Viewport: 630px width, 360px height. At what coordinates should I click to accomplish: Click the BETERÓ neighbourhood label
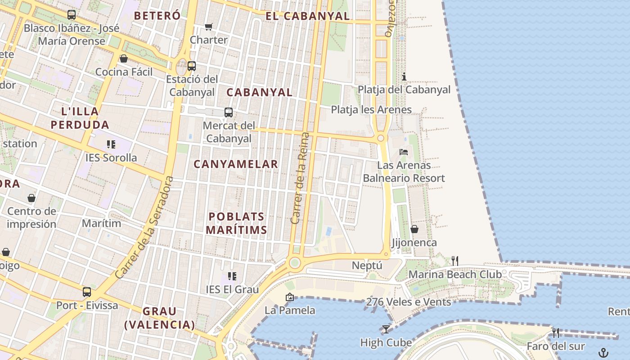[x=157, y=16]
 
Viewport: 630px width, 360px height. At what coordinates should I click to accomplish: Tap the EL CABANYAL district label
[x=307, y=16]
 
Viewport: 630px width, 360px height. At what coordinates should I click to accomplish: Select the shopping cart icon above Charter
[x=208, y=27]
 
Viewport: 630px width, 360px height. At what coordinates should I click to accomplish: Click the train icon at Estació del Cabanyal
[x=192, y=66]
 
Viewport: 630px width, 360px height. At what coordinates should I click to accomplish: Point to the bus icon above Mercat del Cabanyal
[x=229, y=112]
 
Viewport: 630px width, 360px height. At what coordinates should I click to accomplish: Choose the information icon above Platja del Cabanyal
[x=404, y=76]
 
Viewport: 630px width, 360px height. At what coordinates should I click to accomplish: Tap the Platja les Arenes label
[x=371, y=109]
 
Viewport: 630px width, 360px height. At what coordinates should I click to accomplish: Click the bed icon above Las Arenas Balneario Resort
[x=404, y=152]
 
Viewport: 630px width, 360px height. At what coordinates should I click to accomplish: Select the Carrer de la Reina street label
[x=301, y=178]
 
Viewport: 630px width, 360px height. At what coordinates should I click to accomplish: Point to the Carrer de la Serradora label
[x=144, y=227]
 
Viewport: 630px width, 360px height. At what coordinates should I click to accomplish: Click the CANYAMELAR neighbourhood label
[x=236, y=164]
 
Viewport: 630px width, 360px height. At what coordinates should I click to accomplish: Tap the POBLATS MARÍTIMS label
[x=237, y=223]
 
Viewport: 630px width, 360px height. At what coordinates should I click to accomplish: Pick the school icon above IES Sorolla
[x=111, y=144]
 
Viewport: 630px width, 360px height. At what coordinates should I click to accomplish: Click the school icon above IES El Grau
[x=232, y=276]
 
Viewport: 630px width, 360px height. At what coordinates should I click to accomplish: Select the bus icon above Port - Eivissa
[x=87, y=292]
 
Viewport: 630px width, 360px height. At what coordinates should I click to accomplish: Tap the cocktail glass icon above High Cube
[x=386, y=329]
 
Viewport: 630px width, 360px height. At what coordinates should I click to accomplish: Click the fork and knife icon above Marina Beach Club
[x=455, y=261]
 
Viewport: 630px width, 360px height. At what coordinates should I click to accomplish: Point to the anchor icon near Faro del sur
[x=603, y=353]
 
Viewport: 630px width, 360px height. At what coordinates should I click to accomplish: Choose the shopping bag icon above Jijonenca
[x=414, y=229]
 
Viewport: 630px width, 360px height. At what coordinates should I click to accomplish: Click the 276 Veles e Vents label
[x=409, y=302]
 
